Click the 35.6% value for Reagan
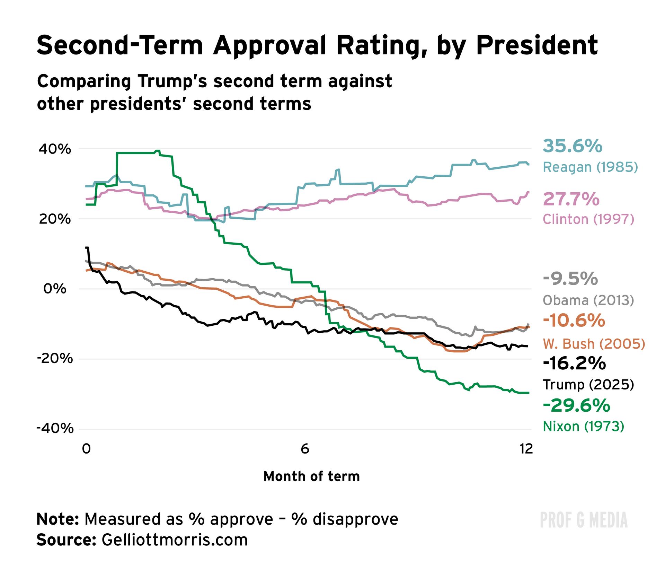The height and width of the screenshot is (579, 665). (x=572, y=146)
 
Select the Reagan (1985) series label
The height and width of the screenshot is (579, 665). (x=590, y=167)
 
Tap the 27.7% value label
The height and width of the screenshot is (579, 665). (x=571, y=199)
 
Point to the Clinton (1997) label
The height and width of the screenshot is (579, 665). (x=588, y=219)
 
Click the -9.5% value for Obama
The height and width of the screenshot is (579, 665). (x=570, y=279)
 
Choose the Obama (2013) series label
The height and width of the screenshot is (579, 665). (x=588, y=300)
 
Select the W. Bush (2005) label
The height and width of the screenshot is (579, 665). (x=594, y=344)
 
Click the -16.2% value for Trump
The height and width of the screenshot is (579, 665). (x=574, y=363)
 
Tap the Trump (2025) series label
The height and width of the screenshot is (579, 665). (x=588, y=384)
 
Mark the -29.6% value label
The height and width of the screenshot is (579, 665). (x=576, y=405)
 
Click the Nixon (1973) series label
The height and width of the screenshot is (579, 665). (x=583, y=426)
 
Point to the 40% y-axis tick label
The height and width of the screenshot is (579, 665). (x=55, y=149)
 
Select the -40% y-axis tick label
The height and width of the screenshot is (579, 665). (x=55, y=428)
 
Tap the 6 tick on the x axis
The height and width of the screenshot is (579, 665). (x=305, y=449)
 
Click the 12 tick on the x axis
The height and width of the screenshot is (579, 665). (x=526, y=449)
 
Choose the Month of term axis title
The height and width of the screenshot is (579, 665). (x=311, y=476)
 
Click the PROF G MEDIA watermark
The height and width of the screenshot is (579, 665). (x=584, y=520)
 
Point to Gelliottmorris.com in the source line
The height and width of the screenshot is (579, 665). (x=175, y=540)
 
